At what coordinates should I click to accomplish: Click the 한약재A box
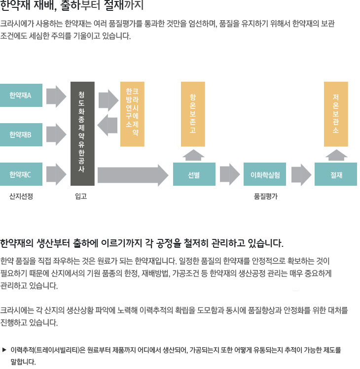(21, 95)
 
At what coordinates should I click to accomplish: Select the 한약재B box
(21, 134)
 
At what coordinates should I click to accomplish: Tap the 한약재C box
(21, 174)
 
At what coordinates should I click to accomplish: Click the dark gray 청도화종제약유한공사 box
(82, 134)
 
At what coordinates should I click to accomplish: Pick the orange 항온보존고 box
(193, 114)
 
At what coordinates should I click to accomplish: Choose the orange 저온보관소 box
(336, 114)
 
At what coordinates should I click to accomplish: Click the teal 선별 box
(194, 174)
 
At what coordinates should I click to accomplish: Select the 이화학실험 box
(265, 174)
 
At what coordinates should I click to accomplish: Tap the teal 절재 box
(336, 174)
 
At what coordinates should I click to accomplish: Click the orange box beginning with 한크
(132, 114)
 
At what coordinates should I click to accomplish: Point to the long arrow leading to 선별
(133, 175)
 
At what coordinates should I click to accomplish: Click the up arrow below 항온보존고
(193, 155)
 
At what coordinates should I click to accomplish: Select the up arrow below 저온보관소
(336, 155)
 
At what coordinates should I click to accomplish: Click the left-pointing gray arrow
(108, 125)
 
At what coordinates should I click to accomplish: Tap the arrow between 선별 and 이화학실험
(230, 174)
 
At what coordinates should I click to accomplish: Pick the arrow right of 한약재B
(56, 134)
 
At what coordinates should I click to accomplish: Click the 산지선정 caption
(21, 196)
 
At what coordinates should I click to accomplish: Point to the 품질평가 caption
(266, 196)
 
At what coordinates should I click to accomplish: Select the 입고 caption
(81, 196)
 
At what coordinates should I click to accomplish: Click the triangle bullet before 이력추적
(4, 350)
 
